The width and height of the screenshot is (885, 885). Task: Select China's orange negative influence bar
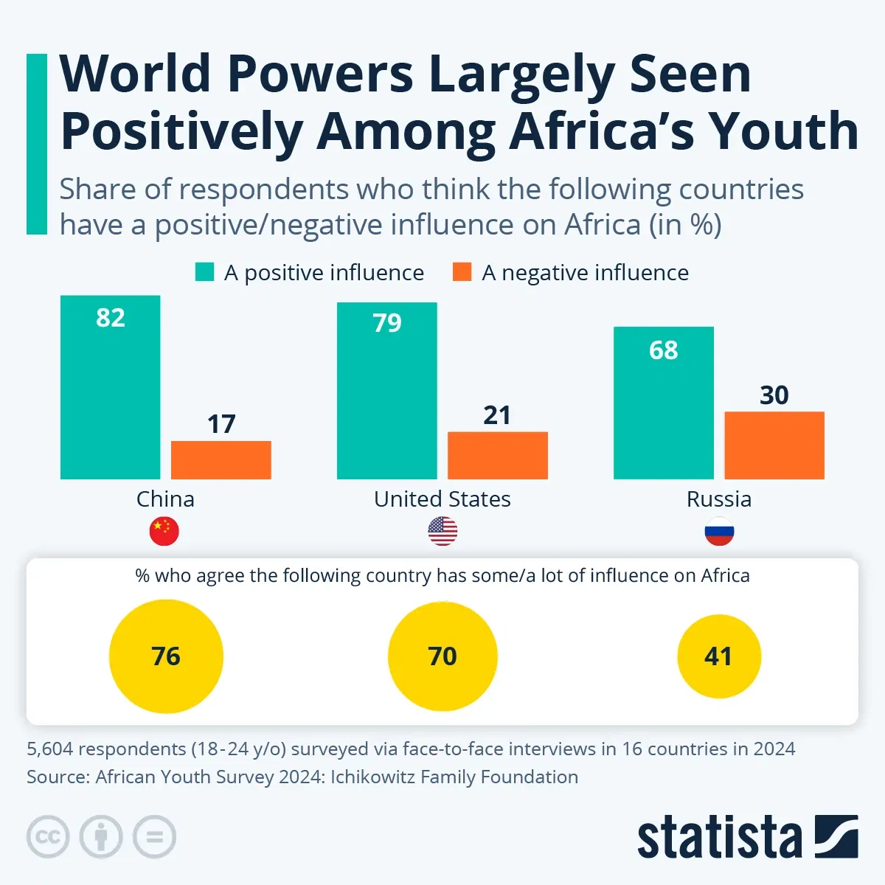221,460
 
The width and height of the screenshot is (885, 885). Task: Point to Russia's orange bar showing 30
774,445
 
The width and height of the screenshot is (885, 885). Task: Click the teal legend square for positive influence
204,272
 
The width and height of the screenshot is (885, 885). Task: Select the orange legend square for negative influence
462,272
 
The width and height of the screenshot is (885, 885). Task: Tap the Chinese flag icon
164,531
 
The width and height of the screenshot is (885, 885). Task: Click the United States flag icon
442,531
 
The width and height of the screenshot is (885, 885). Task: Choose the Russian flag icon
719,531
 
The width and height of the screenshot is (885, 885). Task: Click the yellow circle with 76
166,656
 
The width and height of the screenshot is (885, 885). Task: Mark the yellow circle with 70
442,656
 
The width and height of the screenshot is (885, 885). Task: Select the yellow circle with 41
719,656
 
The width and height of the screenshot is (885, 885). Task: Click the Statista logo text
719,838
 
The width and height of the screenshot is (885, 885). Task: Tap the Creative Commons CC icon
48,837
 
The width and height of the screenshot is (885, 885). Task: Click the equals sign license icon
154,837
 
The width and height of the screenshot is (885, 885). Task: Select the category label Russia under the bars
719,499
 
